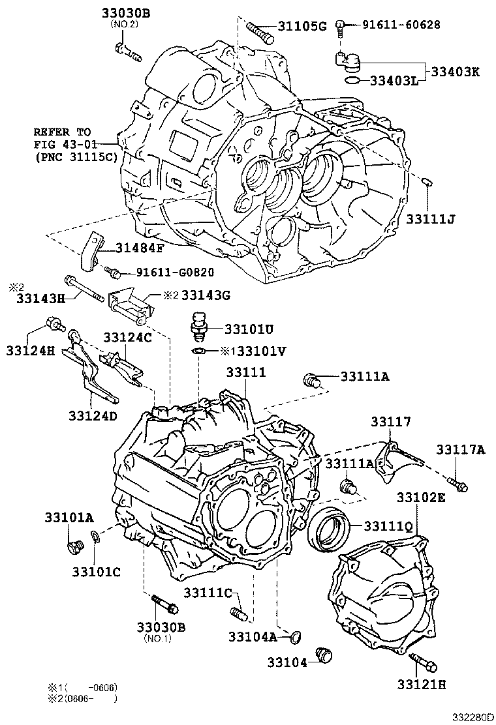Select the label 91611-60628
tap(401, 25)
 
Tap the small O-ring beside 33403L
tap(352, 80)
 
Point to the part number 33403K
tap(454, 72)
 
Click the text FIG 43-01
tap(63, 143)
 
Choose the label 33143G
tap(206, 295)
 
